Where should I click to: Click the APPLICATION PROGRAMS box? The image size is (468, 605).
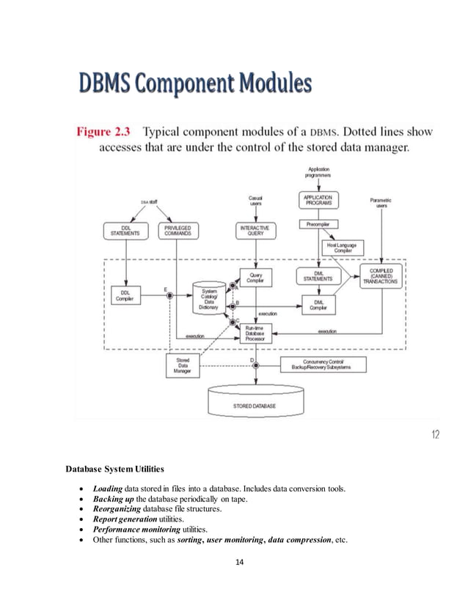tap(317, 200)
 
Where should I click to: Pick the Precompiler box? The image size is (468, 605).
tap(317, 223)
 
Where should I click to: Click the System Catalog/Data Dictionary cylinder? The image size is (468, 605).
tap(208, 298)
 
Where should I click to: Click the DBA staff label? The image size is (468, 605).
tap(149, 202)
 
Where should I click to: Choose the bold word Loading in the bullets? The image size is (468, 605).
tap(109, 488)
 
